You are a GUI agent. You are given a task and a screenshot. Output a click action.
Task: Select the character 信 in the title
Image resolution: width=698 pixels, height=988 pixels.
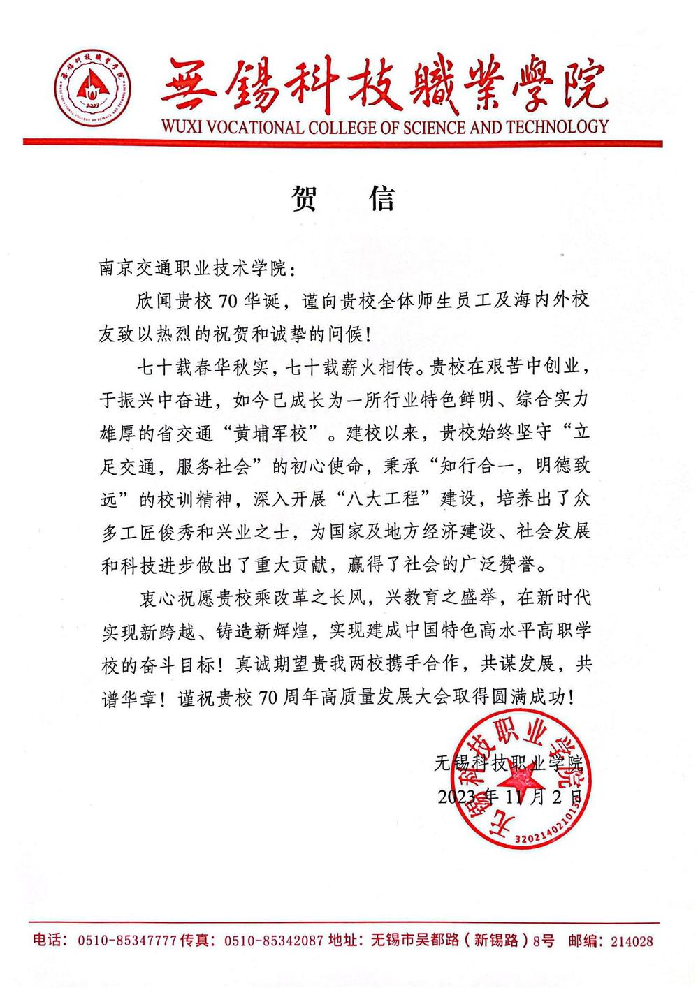(x=381, y=199)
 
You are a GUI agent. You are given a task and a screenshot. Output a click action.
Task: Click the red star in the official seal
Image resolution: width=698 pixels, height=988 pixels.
(x=522, y=779)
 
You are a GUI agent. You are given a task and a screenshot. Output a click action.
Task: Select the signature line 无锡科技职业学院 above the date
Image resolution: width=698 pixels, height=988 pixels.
(x=508, y=763)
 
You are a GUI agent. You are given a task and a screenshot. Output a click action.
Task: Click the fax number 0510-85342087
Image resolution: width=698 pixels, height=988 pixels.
(x=273, y=941)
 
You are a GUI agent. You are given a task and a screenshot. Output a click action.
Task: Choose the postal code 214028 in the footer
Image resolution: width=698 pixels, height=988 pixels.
(x=632, y=941)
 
